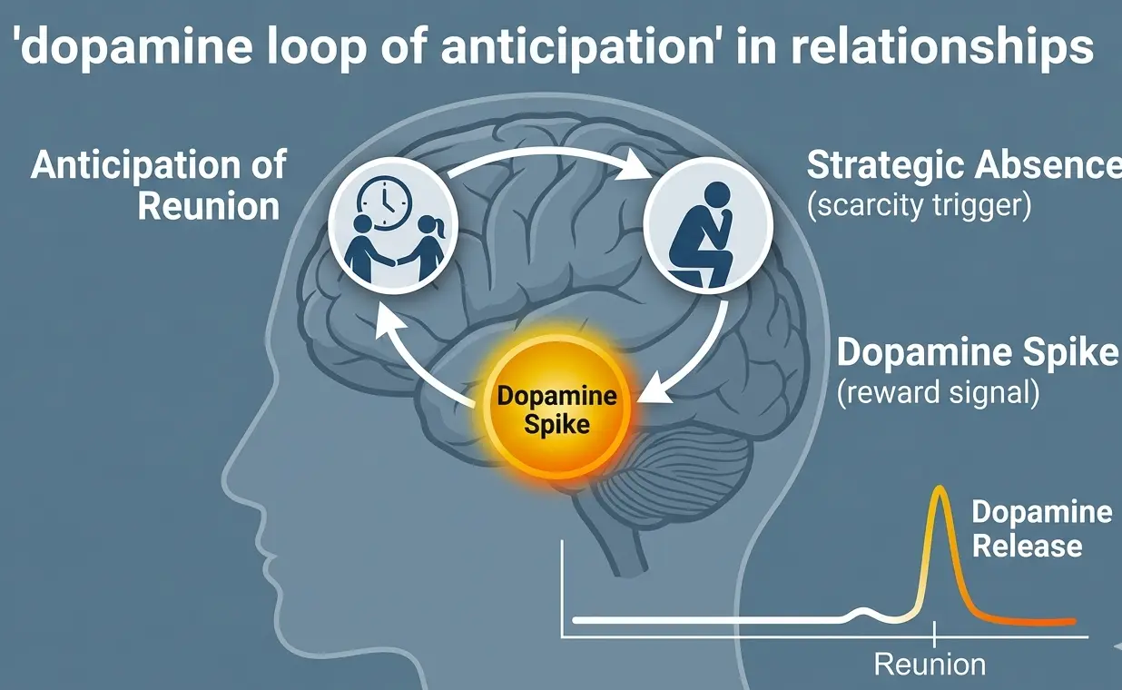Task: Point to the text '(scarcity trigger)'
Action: point(919,205)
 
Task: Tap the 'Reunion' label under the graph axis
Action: point(930,664)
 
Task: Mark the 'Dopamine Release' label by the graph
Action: point(1040,528)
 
